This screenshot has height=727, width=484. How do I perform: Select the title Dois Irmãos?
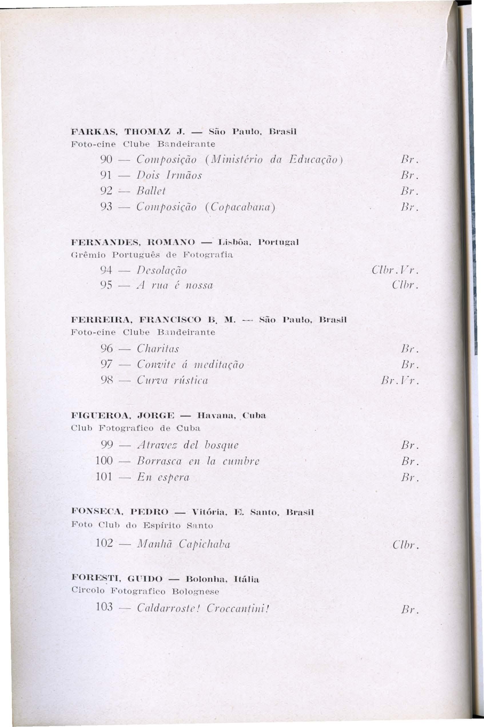coord(170,176)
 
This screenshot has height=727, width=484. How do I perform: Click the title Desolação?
coord(162,271)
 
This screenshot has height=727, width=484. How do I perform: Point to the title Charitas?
coord(158,349)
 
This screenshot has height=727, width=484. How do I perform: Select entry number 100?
coord(104,461)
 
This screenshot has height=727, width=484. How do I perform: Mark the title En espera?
coord(163,477)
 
